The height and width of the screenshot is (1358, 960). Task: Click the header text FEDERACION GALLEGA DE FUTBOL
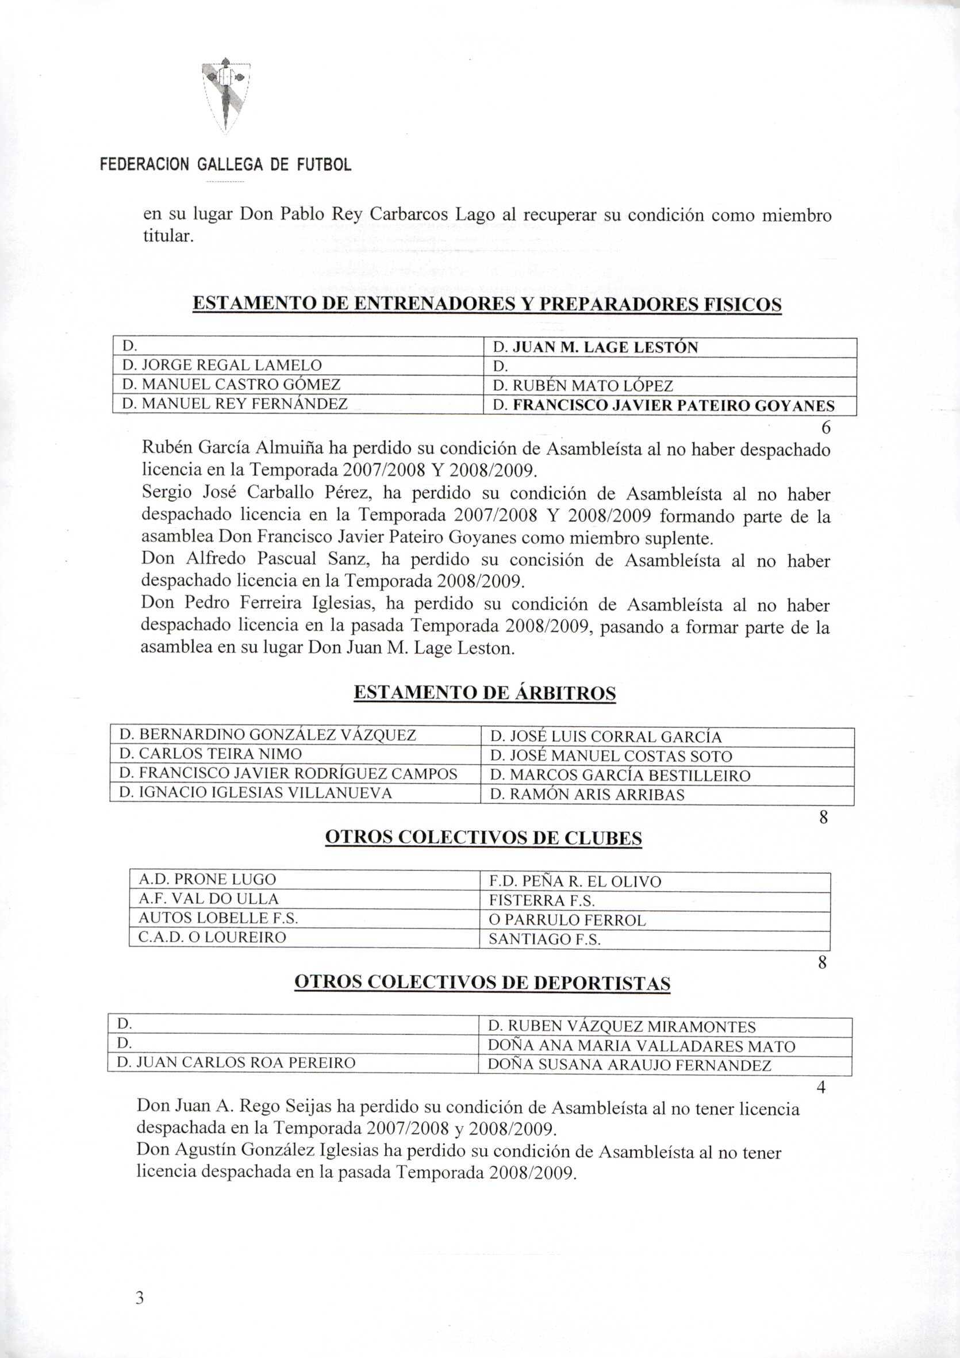[x=225, y=164]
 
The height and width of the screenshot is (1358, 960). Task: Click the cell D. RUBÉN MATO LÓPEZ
[x=583, y=386]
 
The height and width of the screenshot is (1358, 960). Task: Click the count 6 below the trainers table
[x=826, y=427]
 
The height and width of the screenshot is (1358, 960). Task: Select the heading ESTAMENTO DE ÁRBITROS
[x=485, y=693]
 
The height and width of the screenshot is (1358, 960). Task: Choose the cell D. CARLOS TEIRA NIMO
[x=210, y=754]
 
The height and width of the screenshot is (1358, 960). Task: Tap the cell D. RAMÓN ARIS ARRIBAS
[x=587, y=795]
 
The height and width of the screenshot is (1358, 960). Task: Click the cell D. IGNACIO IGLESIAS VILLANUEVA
[x=256, y=793]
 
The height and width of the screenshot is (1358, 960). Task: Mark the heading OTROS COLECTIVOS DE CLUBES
[x=484, y=838]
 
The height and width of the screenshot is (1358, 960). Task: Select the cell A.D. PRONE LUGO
[x=207, y=880]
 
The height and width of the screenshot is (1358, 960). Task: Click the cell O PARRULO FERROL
[x=567, y=920]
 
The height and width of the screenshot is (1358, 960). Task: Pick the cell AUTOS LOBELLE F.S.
[x=218, y=918]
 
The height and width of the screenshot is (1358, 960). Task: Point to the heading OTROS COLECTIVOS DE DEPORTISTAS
[x=482, y=983]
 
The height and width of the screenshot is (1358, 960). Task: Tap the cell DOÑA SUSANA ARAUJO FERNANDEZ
[x=629, y=1066]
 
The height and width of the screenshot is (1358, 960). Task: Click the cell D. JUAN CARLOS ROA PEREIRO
[x=237, y=1063]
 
